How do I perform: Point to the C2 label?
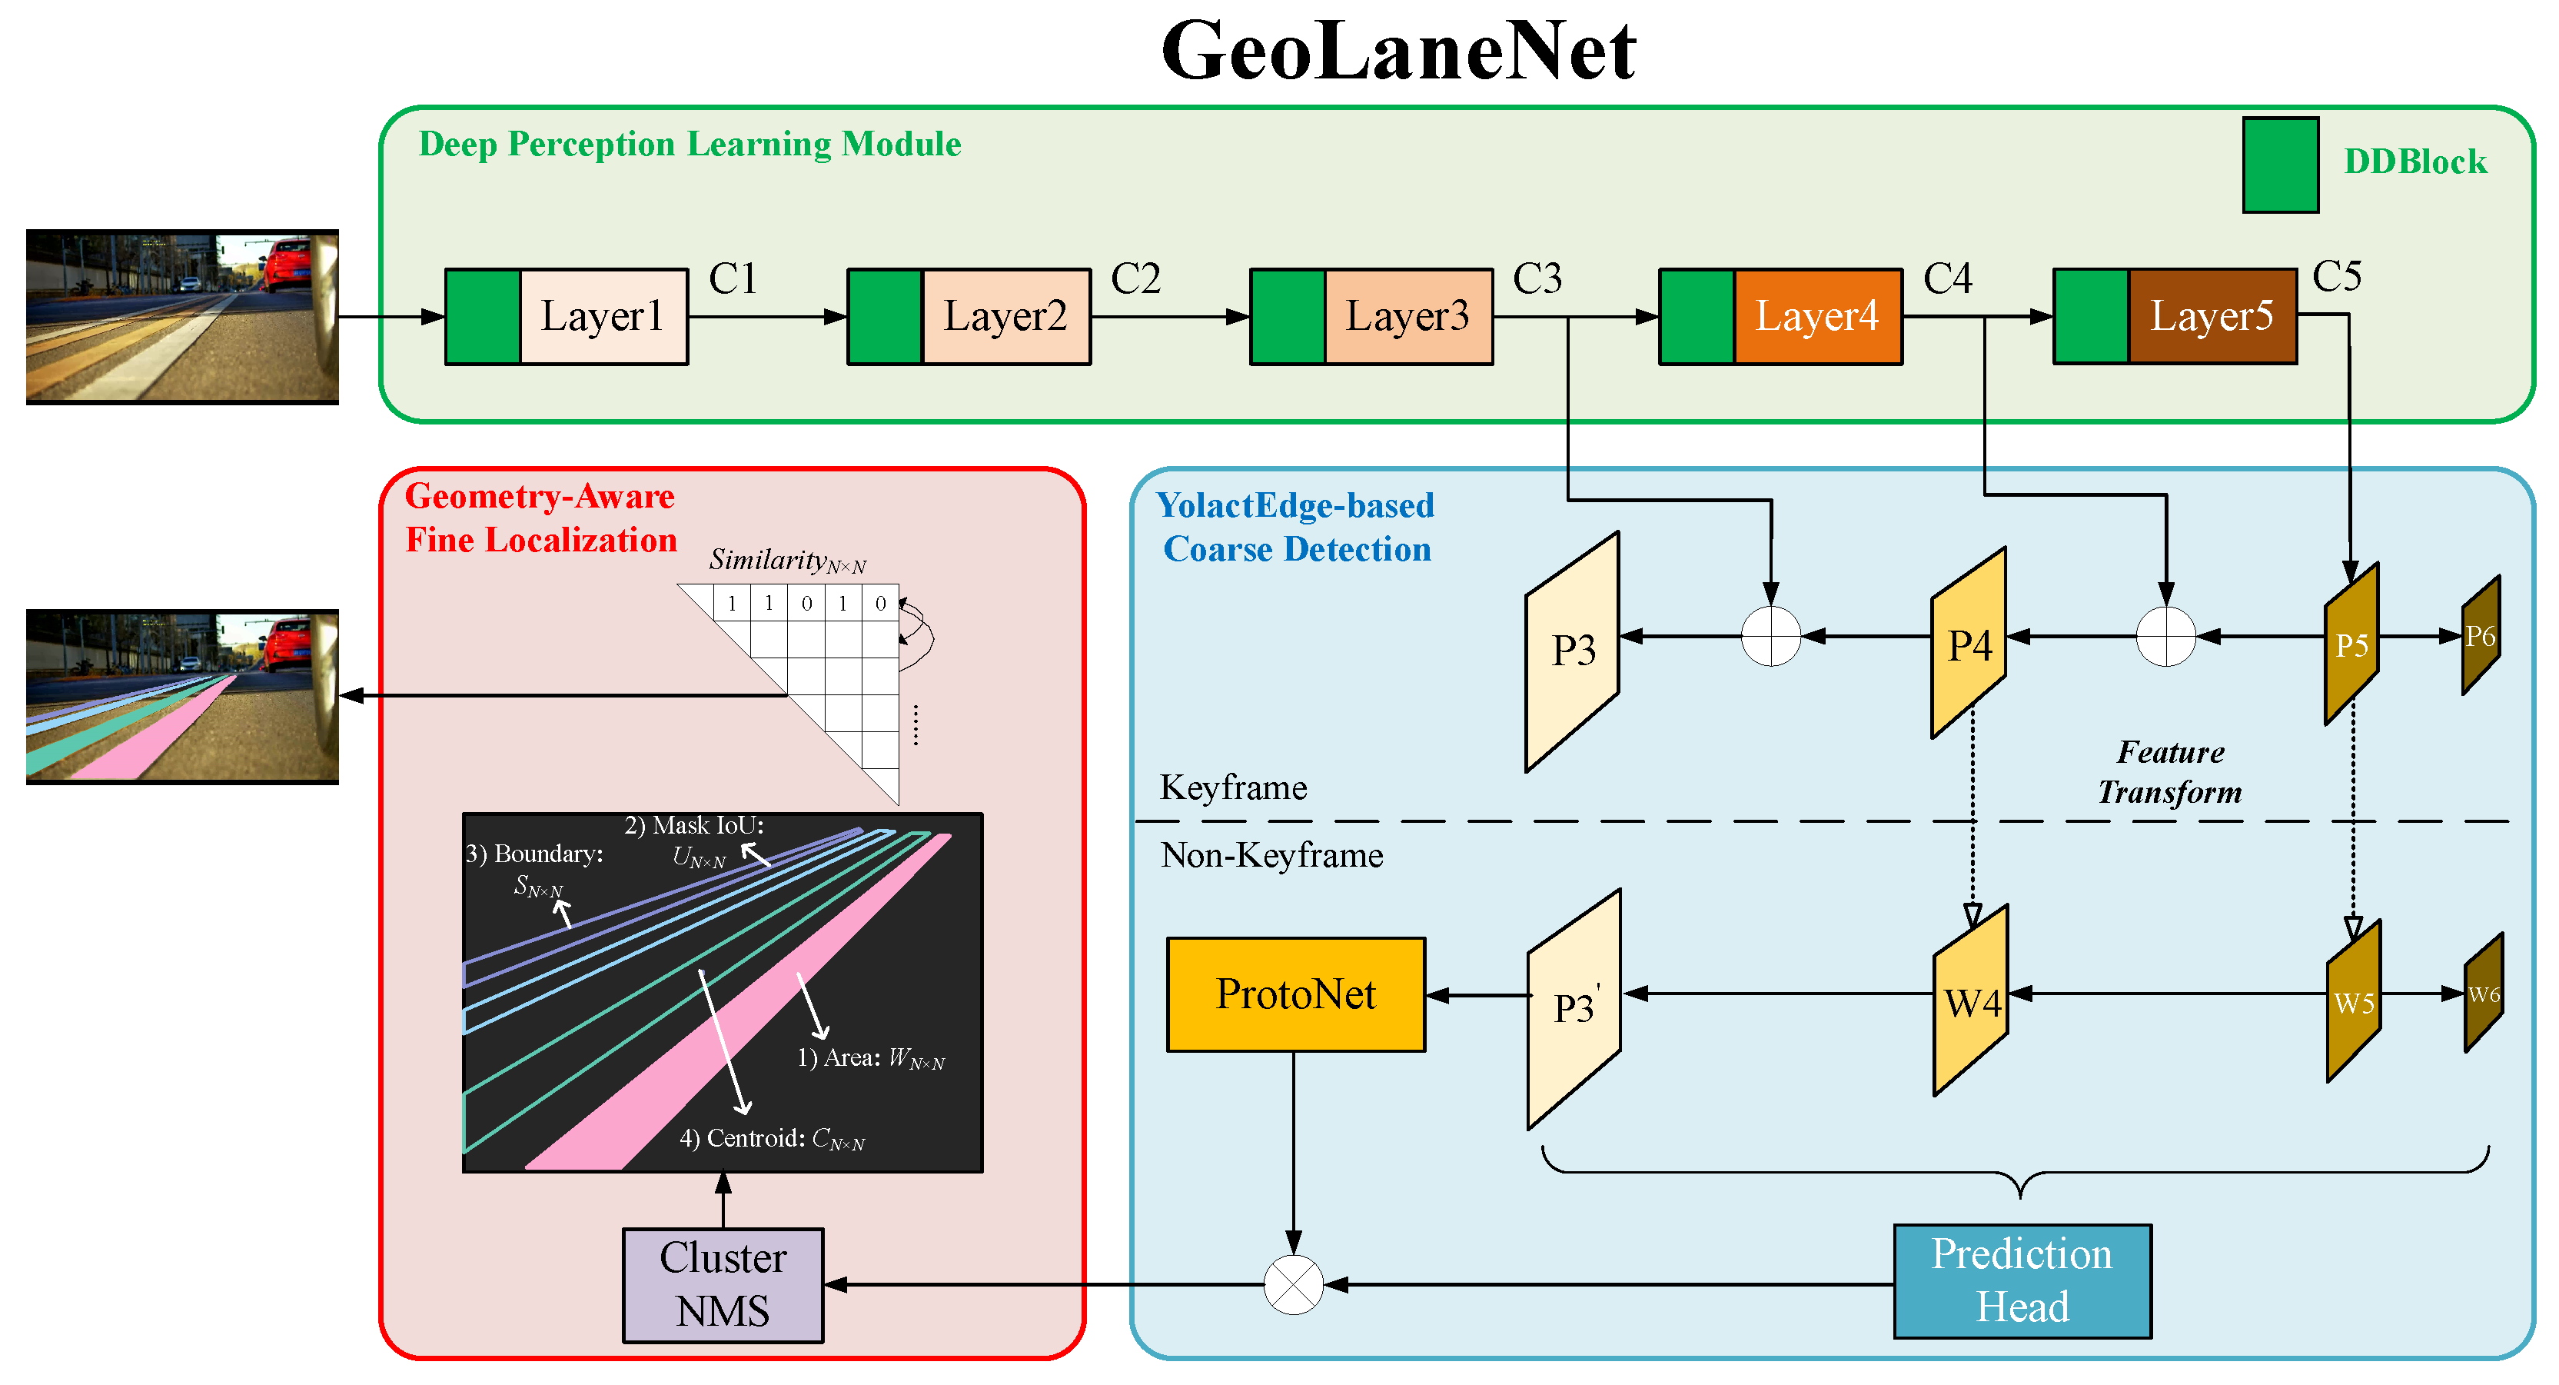[x=1135, y=279]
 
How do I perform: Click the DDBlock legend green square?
[x=2280, y=165]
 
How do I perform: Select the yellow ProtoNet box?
[x=1295, y=994]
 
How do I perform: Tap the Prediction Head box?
[x=2022, y=1280]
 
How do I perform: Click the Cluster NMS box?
[x=723, y=1285]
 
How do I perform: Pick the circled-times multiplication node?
[x=1294, y=1285]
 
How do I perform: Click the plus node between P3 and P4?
[x=1770, y=636]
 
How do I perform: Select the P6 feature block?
[x=2481, y=636]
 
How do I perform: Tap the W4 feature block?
[x=1971, y=1001]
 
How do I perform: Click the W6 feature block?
[x=2484, y=994]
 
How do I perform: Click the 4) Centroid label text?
[x=771, y=1139]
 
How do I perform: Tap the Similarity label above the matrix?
[x=787, y=561]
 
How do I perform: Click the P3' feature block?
[x=1574, y=1008]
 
